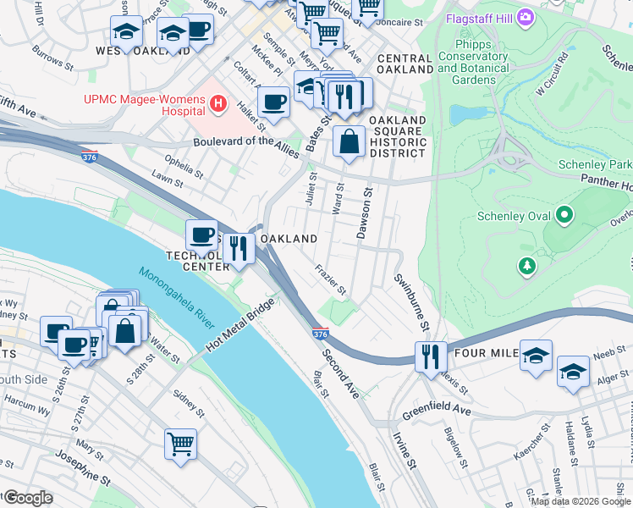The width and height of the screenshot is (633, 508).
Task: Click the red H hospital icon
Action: pyautogui.click(x=218, y=104)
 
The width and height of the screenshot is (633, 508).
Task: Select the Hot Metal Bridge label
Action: pyautogui.click(x=240, y=325)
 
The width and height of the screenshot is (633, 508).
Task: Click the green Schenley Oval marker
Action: pyautogui.click(x=564, y=218)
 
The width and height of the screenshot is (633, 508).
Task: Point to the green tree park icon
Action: pyautogui.click(x=527, y=267)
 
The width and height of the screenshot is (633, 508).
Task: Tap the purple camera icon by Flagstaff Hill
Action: pyautogui.click(x=526, y=16)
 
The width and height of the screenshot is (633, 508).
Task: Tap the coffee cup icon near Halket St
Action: pyautogui.click(x=273, y=102)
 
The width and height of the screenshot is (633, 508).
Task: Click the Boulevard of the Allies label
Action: pyautogui.click(x=245, y=141)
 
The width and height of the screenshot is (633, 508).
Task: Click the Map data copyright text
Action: pyautogui.click(x=581, y=501)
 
